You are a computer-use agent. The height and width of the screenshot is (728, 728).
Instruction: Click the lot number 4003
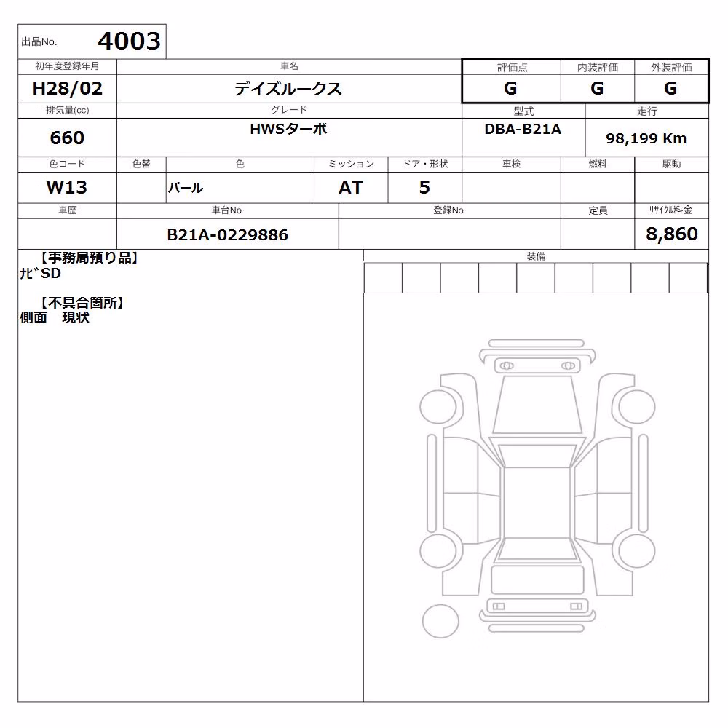pyautogui.click(x=129, y=41)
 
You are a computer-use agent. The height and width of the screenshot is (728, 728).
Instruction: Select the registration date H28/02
pyautogui.click(x=67, y=88)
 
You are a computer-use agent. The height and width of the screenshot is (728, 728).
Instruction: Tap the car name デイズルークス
pyautogui.click(x=288, y=88)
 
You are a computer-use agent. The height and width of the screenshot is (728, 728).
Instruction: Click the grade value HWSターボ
pyautogui.click(x=288, y=129)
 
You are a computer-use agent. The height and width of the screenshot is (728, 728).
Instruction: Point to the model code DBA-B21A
pyautogui.click(x=523, y=129)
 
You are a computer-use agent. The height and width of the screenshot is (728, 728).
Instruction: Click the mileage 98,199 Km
pyautogui.click(x=646, y=138)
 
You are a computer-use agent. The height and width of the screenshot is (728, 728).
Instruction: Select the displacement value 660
pyautogui.click(x=67, y=138)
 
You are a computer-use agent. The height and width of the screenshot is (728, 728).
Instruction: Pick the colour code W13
pyautogui.click(x=67, y=187)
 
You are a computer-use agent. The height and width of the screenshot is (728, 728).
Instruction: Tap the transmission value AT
pyautogui.click(x=351, y=187)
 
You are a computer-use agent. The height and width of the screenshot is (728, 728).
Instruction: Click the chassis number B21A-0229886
pyautogui.click(x=227, y=234)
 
